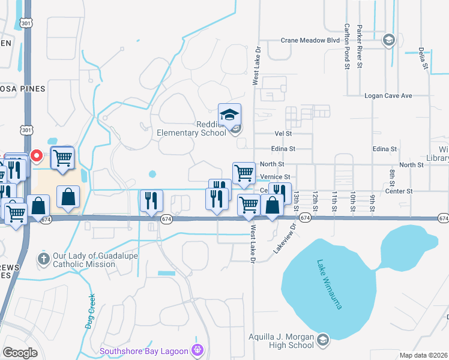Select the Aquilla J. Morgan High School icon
[x=323, y=340]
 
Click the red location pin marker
[x=36, y=156]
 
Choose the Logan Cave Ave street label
[x=388, y=95]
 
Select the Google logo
[x=20, y=352]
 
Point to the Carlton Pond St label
[x=347, y=46]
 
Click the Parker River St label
[x=360, y=46]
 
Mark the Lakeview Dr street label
[x=286, y=239]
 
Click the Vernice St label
[x=276, y=177]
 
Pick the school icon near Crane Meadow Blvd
[x=388, y=40]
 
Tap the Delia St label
[x=423, y=57]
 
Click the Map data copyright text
[x=423, y=355]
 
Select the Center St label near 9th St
[x=401, y=191]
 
